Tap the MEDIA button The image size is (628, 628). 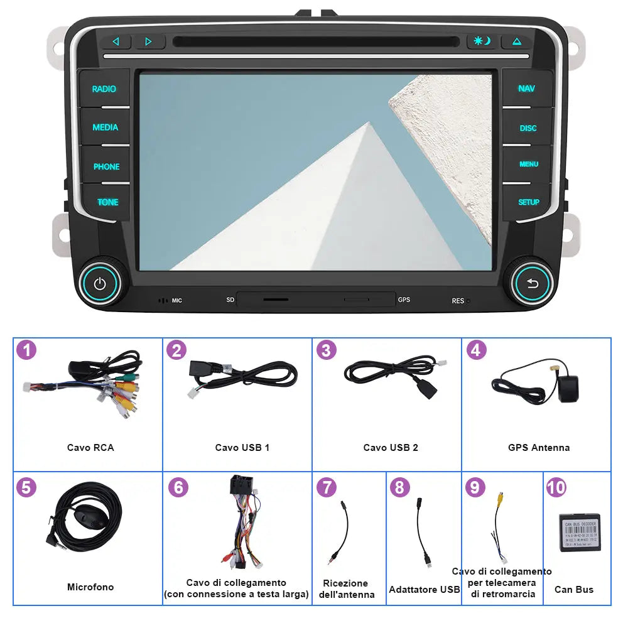(x=105, y=127)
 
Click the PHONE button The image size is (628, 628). (x=106, y=166)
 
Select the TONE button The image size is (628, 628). (x=107, y=202)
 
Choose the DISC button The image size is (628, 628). (x=528, y=128)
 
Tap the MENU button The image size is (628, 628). (x=528, y=164)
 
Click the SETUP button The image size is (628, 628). (x=528, y=202)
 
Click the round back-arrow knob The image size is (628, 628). (x=533, y=284)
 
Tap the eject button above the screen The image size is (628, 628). (x=517, y=42)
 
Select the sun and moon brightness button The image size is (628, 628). (x=482, y=42)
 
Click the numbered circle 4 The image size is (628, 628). (x=476, y=350)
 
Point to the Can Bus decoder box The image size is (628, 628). (x=580, y=532)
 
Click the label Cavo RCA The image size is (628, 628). (x=90, y=448)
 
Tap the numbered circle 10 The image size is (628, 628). (x=556, y=487)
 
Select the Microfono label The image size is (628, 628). (x=90, y=587)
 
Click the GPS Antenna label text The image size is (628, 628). (x=539, y=448)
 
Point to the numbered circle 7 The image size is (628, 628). (x=327, y=487)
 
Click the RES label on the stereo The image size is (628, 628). (x=458, y=301)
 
